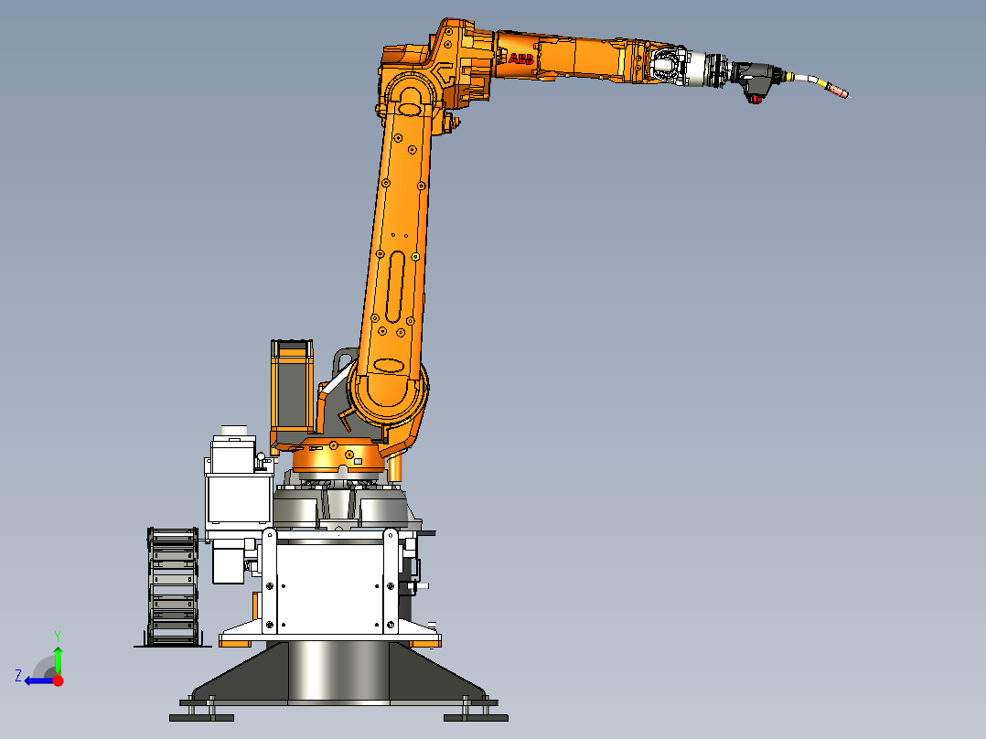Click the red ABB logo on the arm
(521, 59)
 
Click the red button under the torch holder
(756, 99)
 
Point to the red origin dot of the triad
(58, 680)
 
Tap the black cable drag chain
(172, 586)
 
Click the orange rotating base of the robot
(338, 456)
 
